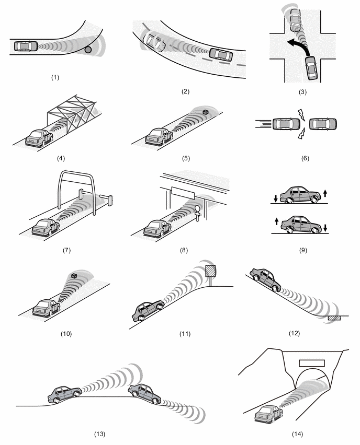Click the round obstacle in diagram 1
click(88, 50)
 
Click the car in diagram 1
click(26, 46)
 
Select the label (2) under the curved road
click(185, 91)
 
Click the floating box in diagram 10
click(75, 275)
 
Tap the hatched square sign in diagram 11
click(210, 271)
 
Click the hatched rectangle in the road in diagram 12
click(334, 317)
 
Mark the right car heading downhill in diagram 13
click(144, 393)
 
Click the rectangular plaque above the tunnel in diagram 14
click(311, 362)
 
